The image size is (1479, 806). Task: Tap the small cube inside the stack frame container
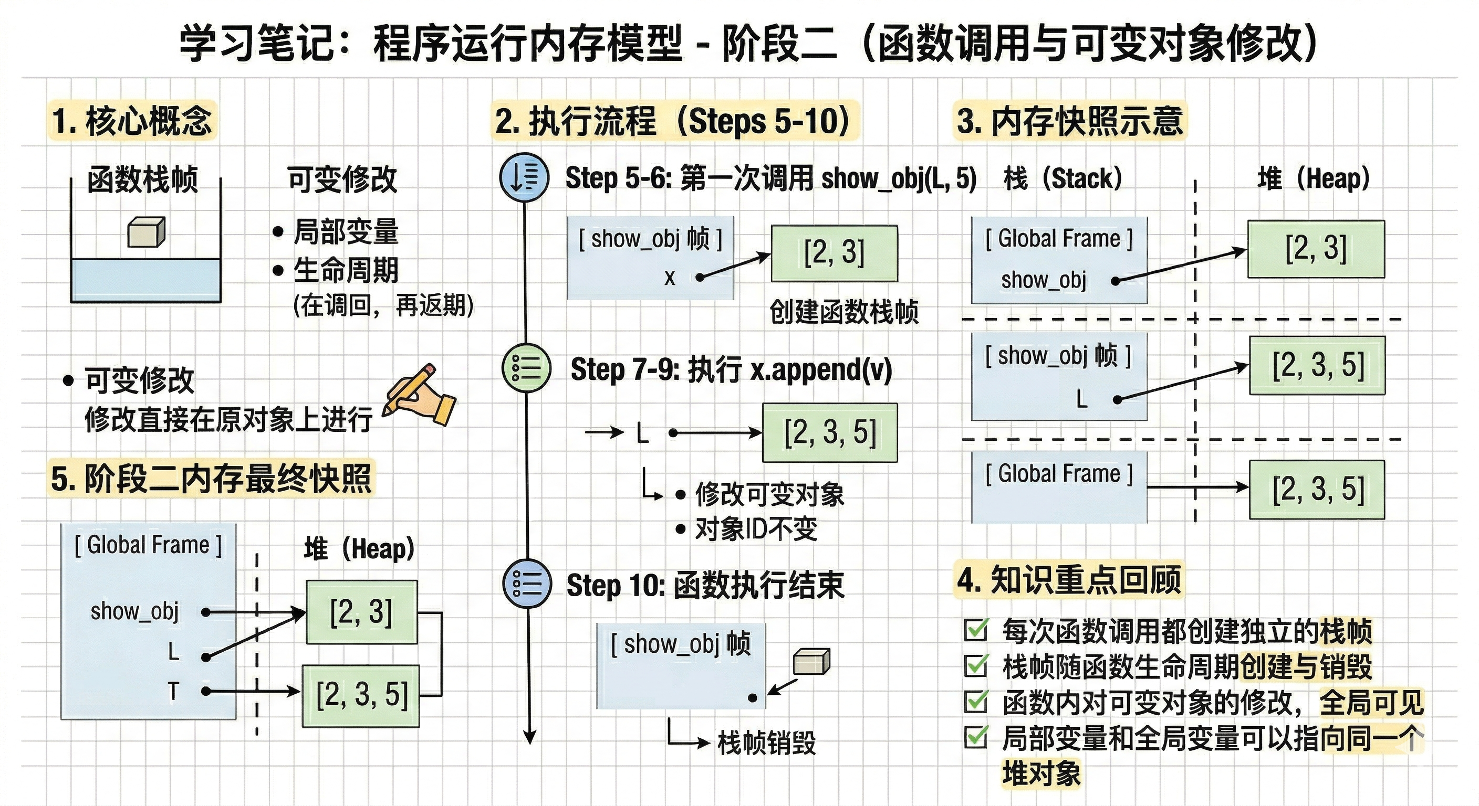pos(146,232)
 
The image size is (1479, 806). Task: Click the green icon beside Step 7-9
pos(526,368)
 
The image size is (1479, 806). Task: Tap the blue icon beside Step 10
pos(526,584)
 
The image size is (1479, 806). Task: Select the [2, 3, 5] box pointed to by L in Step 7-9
pos(829,432)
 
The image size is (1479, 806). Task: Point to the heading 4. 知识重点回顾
pos(1068,579)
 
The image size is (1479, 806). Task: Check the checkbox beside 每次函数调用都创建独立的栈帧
pos(976,630)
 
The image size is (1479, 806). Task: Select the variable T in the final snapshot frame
pos(173,691)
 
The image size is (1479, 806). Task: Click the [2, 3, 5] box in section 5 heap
pos(361,695)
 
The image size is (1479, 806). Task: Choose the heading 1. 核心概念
pos(132,121)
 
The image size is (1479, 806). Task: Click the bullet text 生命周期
pos(346,270)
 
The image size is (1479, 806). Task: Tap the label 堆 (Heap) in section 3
pos(1313,179)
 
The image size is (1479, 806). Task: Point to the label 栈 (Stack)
pos(1062,179)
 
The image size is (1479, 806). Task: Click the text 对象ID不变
pos(756,529)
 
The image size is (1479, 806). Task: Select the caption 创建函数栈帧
pos(843,312)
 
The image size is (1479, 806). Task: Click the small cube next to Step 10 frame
pos(811,662)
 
